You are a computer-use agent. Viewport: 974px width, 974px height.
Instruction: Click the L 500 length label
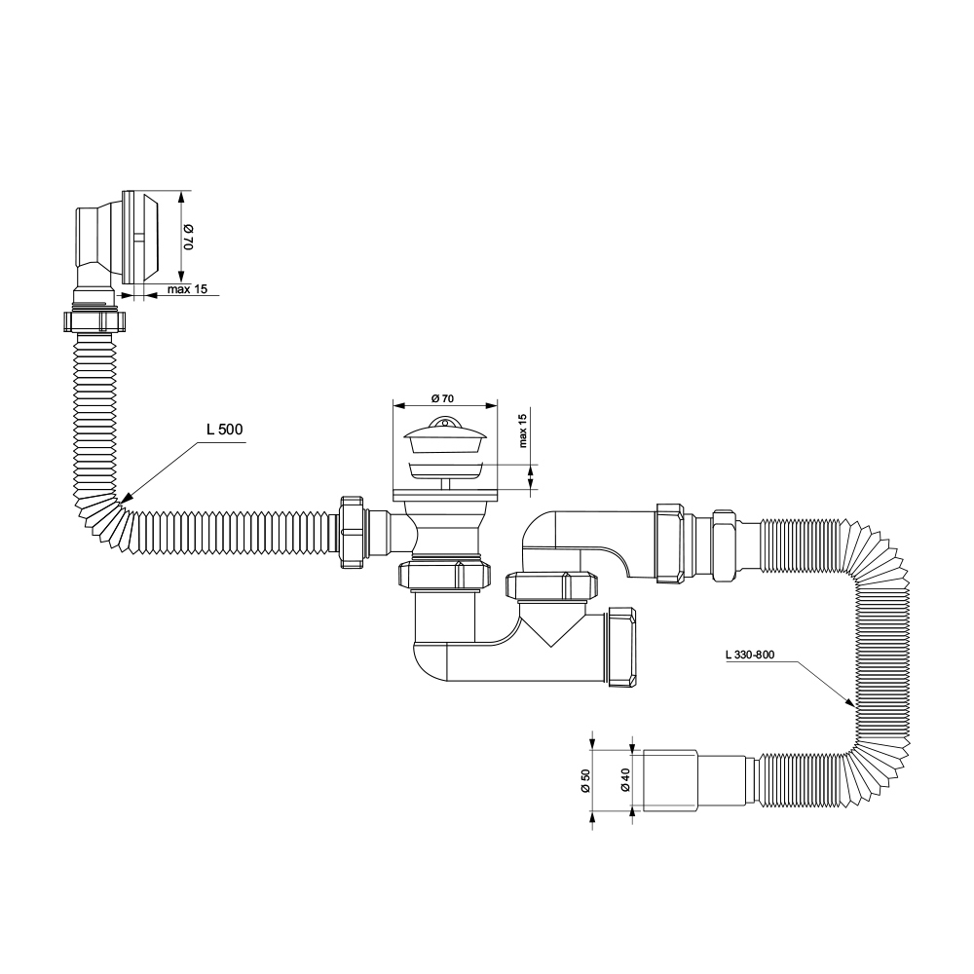tap(225, 430)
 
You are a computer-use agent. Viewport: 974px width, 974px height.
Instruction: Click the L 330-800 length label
tap(750, 655)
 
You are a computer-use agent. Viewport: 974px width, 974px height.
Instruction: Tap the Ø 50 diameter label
tap(585, 780)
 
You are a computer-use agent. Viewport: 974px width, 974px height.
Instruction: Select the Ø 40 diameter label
tap(625, 780)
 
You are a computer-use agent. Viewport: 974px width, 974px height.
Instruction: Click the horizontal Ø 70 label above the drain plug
tap(441, 398)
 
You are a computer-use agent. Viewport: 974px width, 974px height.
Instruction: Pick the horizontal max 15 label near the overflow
tap(187, 289)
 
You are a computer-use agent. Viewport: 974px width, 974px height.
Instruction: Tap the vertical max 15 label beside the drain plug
tap(522, 431)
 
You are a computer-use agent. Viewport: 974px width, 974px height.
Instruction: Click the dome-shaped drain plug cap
tap(445, 433)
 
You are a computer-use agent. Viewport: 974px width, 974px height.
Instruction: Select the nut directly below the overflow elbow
tap(95, 321)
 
